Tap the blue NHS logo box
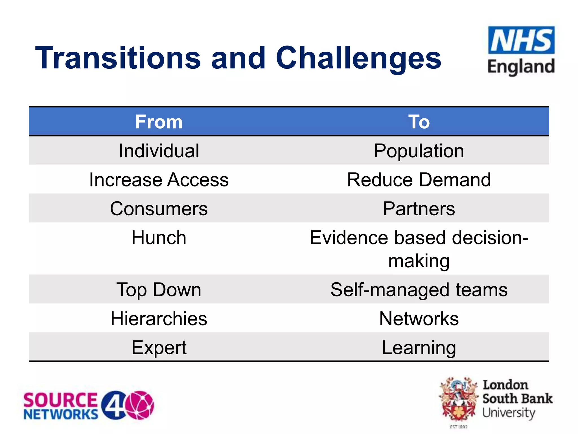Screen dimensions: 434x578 [x=521, y=40]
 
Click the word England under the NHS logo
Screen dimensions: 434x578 [x=521, y=67]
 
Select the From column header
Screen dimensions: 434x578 [x=159, y=122]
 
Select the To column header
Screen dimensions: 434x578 [x=419, y=122]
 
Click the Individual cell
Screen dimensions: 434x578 [x=159, y=151]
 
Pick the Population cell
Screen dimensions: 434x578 [x=419, y=151]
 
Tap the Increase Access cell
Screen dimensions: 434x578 [x=159, y=180]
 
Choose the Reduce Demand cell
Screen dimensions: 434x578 [x=419, y=180]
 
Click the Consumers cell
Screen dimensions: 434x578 [x=159, y=209]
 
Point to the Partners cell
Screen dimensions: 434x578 [x=419, y=209]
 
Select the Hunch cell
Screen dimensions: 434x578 [x=159, y=238]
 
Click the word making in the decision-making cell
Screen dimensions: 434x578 [x=419, y=261]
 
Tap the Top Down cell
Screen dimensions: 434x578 [x=159, y=290]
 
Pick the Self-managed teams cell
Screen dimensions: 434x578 [x=419, y=290]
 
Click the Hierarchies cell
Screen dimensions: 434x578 [x=159, y=318]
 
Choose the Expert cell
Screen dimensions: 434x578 [x=159, y=348]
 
